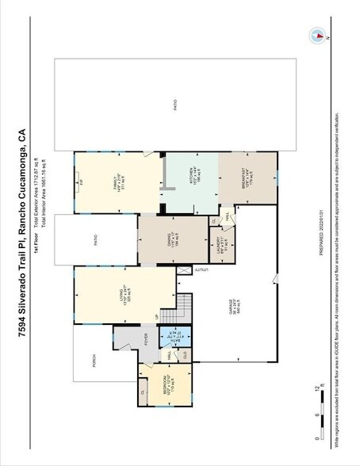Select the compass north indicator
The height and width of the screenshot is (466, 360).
317,35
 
